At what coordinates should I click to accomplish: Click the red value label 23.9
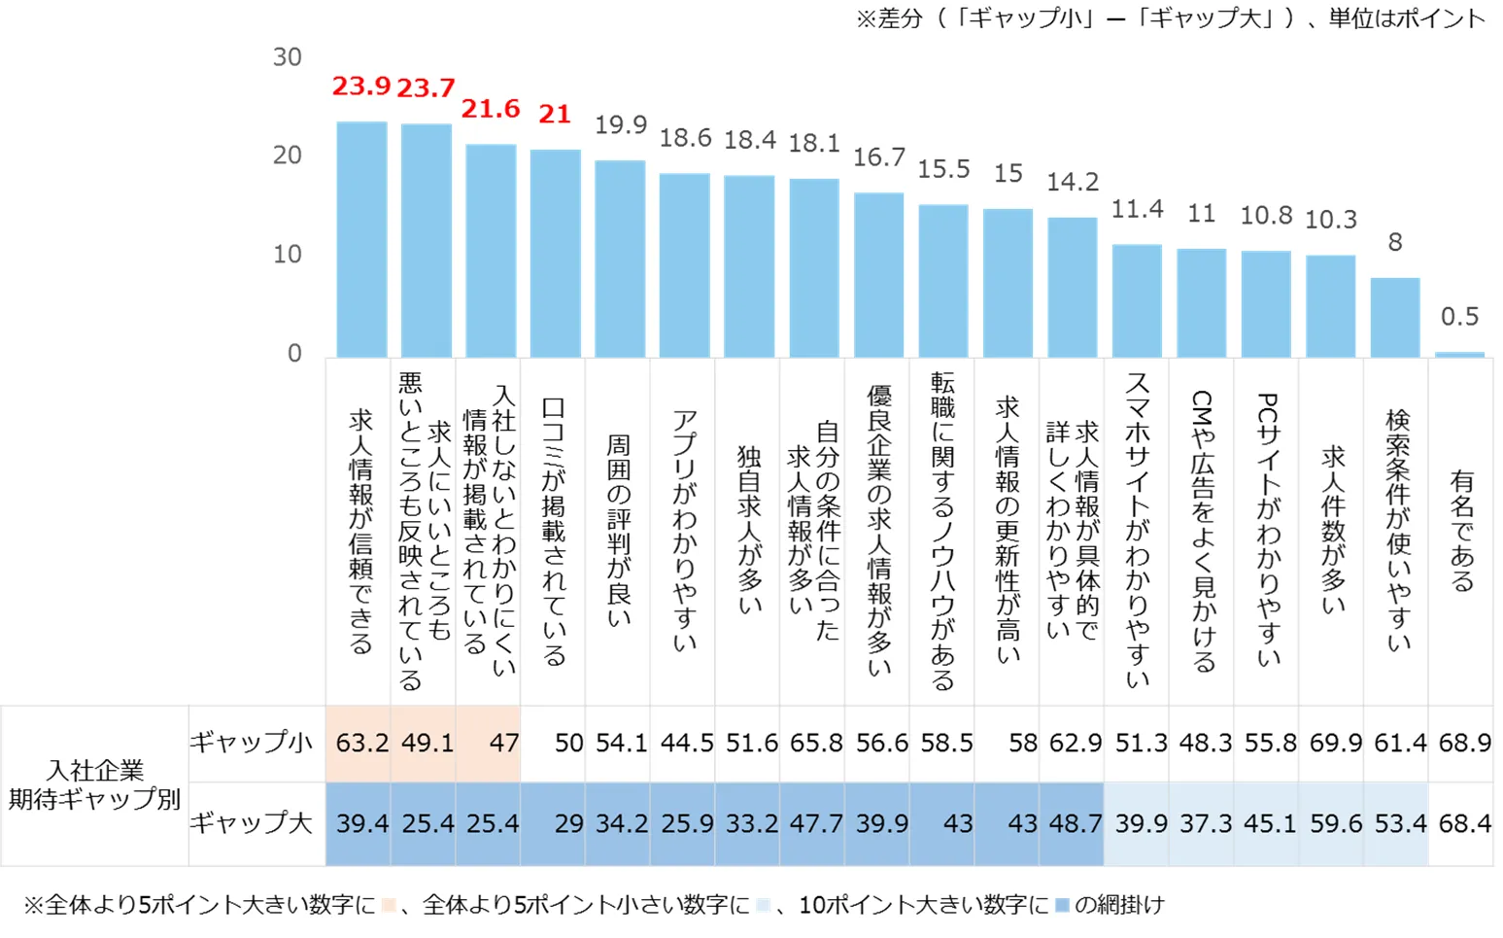pos(360,87)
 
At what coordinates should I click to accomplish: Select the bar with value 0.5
pos(1459,354)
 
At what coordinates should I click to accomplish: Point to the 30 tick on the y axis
pos(287,57)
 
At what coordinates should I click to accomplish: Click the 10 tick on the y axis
pos(287,255)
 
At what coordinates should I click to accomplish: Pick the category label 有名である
pos(1461,531)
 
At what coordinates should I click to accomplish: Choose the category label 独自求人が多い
pos(748,531)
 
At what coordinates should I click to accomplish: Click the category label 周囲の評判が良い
pos(619,531)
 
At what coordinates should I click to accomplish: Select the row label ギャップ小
pos(251,743)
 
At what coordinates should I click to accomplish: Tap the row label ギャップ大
pos(251,823)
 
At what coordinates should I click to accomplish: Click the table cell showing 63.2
pos(361,744)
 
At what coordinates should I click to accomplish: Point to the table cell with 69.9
pos(1335,744)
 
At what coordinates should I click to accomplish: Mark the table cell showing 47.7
pos(815,824)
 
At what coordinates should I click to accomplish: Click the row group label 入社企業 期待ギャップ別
pos(94,784)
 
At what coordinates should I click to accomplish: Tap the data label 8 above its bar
pos(1394,242)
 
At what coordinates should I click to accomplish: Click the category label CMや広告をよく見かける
pos(1202,531)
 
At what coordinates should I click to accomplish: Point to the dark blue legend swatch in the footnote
pos(1062,905)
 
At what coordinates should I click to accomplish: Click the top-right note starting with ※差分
pos(1170,18)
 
